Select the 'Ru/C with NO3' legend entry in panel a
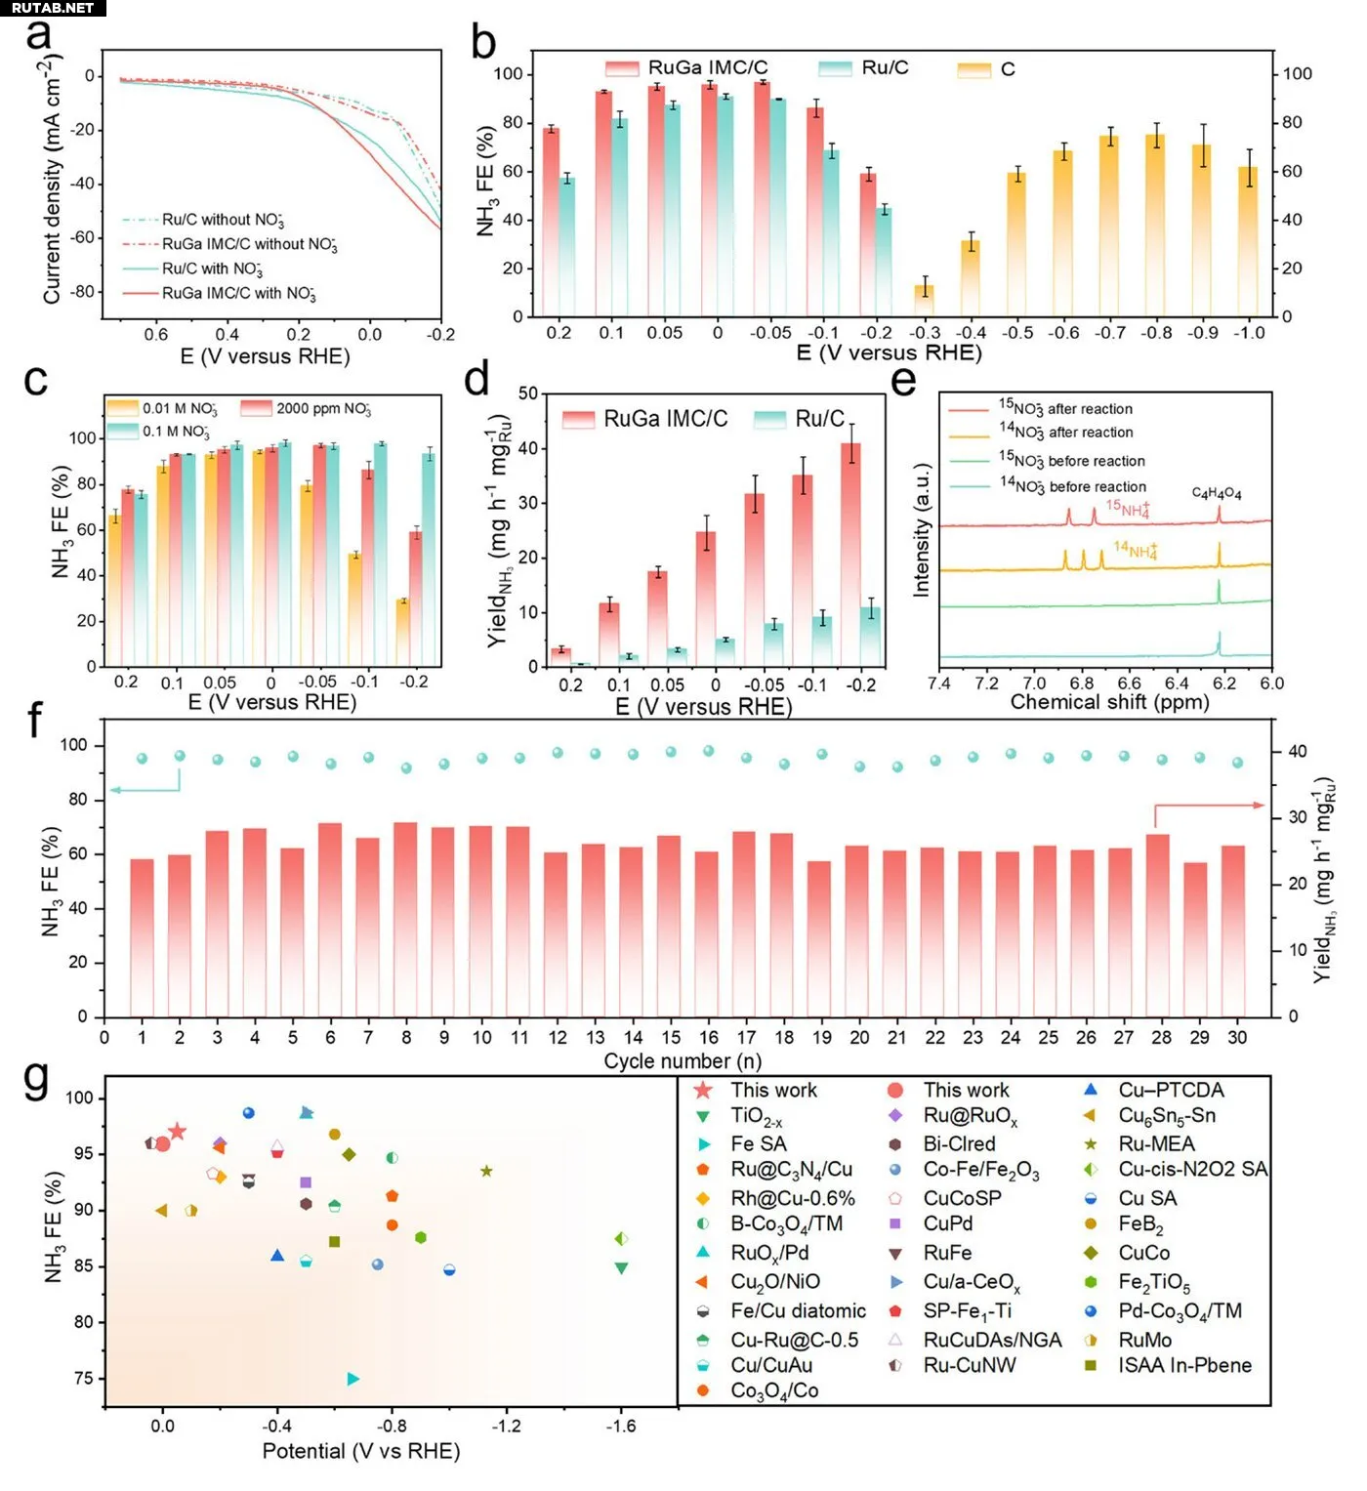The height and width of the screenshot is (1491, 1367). [212, 269]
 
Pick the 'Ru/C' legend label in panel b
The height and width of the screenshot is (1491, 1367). [885, 68]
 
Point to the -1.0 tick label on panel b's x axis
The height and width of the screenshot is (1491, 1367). [1248, 333]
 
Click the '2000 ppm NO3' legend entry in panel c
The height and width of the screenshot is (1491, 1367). [323, 408]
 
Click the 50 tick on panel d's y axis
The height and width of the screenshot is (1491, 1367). [528, 393]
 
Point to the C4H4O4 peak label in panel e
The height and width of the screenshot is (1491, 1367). [1217, 493]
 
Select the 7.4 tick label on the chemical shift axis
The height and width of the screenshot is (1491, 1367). [939, 683]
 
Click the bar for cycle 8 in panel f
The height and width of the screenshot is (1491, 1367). [405, 919]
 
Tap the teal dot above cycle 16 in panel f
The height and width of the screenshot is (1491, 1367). [708, 751]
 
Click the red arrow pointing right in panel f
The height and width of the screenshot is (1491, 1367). [1211, 807]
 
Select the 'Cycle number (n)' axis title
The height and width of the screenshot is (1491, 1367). [682, 1061]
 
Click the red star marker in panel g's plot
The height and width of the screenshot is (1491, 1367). [177, 1132]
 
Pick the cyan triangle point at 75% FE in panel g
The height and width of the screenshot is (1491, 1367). [352, 1379]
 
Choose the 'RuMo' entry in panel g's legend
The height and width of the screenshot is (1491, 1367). [1144, 1340]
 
